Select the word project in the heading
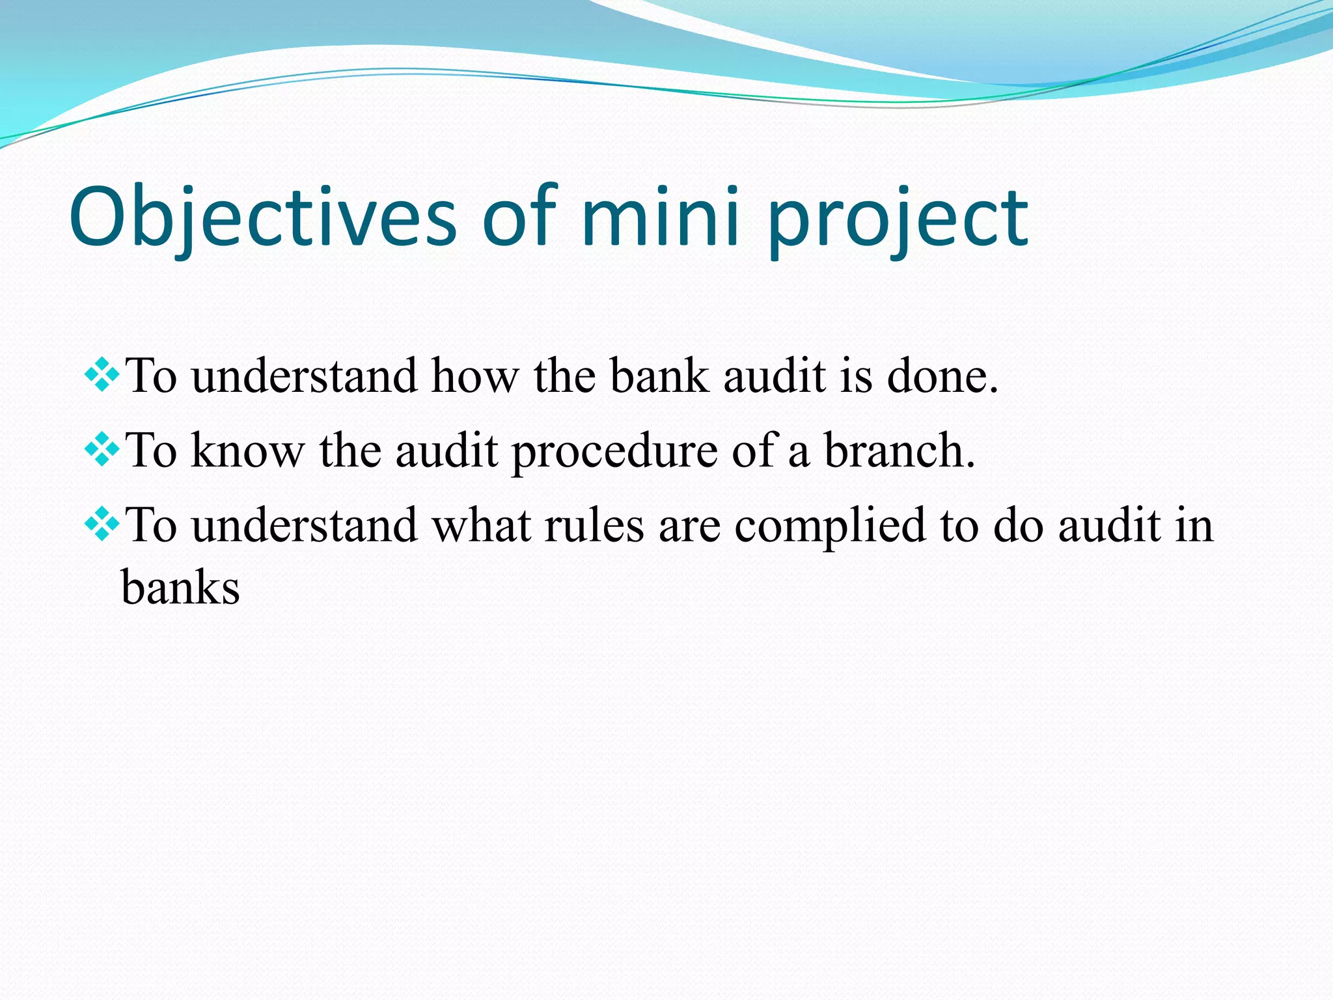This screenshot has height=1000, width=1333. pyautogui.click(x=898, y=221)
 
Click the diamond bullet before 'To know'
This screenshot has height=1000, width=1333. pyautogui.click(x=102, y=450)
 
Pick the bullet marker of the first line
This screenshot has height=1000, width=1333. pyautogui.click(x=102, y=375)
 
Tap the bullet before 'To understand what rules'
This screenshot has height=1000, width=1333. pyautogui.click(x=102, y=525)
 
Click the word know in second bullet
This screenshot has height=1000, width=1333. pyautogui.click(x=248, y=451)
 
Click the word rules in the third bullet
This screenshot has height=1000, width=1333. pyautogui.click(x=594, y=526)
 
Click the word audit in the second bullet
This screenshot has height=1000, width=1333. pyautogui.click(x=447, y=451)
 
